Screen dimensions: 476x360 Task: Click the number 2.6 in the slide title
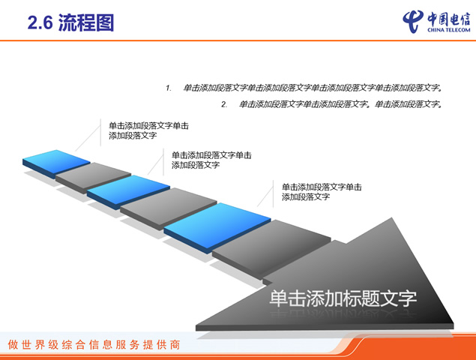click(40, 23)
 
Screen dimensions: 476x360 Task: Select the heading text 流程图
click(86, 22)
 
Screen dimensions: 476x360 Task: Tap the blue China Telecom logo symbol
click(413, 21)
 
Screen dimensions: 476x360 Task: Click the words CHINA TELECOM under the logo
click(449, 30)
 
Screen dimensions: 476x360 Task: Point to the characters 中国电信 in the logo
click(449, 19)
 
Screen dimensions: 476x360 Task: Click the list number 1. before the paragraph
click(169, 88)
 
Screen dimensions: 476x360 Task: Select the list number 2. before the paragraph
click(224, 105)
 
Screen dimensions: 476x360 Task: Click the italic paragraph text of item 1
click(313, 88)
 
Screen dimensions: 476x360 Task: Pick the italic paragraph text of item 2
click(340, 104)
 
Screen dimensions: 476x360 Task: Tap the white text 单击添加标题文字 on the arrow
click(343, 298)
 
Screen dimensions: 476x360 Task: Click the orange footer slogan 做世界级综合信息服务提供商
click(94, 345)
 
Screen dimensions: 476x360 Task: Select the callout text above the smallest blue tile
click(148, 130)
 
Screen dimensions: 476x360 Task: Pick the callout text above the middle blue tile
click(211, 160)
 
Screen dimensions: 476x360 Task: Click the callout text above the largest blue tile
click(322, 192)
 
